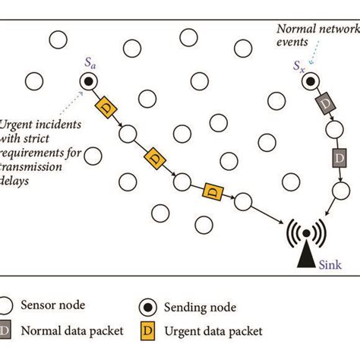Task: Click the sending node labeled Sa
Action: coord(88,81)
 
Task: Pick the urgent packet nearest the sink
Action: coord(210,192)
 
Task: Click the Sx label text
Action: coord(300,67)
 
